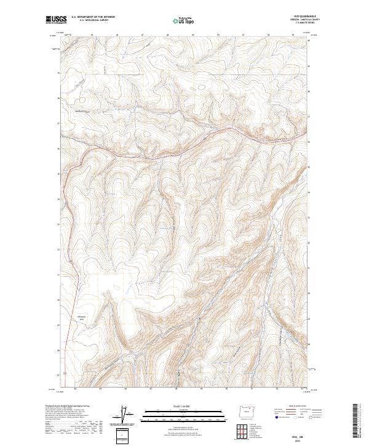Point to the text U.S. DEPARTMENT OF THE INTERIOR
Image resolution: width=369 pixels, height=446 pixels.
tap(93, 17)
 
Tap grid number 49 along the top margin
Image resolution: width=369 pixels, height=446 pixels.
tap(192, 35)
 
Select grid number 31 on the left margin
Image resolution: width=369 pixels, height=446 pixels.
tap(58, 274)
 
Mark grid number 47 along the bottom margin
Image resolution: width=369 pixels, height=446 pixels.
tap(151, 389)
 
